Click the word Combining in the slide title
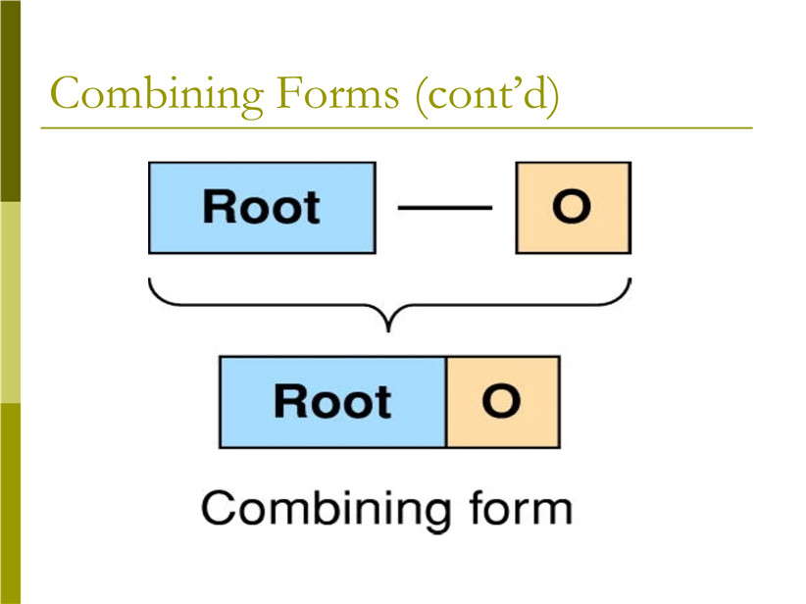click(157, 94)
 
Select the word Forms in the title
click(337, 92)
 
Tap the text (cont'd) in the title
click(486, 94)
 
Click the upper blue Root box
click(262, 208)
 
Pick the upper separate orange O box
click(574, 208)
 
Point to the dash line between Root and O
click(445, 208)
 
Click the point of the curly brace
click(388, 330)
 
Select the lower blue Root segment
click(332, 402)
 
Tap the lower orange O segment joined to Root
click(503, 402)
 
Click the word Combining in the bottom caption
click(326, 510)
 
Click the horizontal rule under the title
click(396, 127)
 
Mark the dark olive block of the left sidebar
click(10, 101)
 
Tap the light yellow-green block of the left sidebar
click(10, 302)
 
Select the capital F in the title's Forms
click(288, 92)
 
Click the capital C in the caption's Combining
click(218, 507)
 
